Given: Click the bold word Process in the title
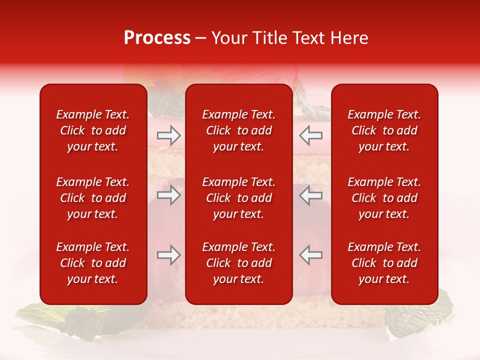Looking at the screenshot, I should pos(157,38).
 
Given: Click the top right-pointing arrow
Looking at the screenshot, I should pos(168,135).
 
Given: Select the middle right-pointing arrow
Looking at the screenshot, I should pos(168,195).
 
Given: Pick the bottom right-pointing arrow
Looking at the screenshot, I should pos(168,255).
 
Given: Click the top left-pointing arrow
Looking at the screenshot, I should pos(310,135).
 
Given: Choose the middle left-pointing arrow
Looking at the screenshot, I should pos(310,195).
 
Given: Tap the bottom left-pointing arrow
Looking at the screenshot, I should pos(310,255).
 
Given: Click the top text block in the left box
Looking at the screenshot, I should pos(93,130).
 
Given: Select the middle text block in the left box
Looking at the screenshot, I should pos(93,198).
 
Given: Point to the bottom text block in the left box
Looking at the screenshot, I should pos(93,263).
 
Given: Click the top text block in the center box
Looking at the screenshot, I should pos(238,130).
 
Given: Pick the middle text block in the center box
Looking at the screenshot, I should pos(238,198).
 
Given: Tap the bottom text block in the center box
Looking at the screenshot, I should pos(238,263).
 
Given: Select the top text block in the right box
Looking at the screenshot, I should pos(384,130).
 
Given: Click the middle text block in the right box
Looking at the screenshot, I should pos(384,198).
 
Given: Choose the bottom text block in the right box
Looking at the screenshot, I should pos(384,263).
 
